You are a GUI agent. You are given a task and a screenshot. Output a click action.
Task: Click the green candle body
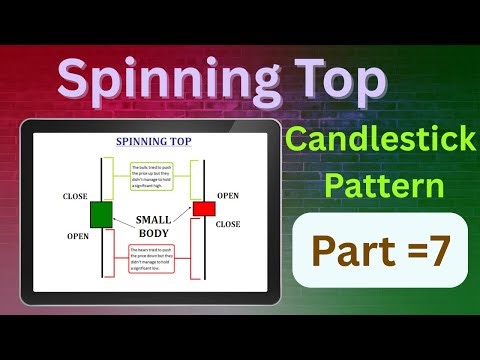coord(101,213)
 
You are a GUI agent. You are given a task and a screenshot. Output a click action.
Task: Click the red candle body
coord(204,208)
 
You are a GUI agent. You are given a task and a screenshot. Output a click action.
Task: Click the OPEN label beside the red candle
coord(228,195)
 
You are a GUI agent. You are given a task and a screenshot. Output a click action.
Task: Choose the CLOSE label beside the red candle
coord(228,224)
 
